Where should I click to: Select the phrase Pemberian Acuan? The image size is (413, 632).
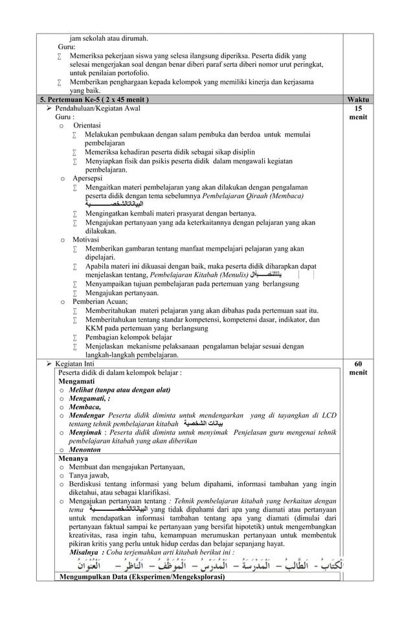click(100, 301)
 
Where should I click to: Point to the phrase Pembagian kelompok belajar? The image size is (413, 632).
click(128, 337)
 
